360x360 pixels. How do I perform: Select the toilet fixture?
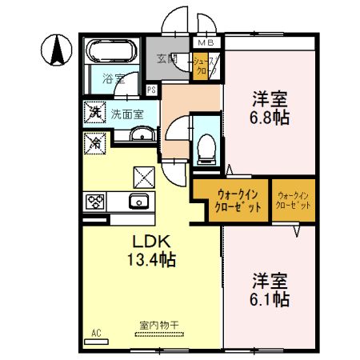click(204, 146)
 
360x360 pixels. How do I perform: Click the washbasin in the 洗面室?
click(140, 134)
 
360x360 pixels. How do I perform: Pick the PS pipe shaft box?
click(151, 90)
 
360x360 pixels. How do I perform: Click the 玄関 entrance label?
click(167, 58)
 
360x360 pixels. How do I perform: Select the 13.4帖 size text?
click(150, 260)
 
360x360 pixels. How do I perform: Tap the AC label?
click(95, 331)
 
